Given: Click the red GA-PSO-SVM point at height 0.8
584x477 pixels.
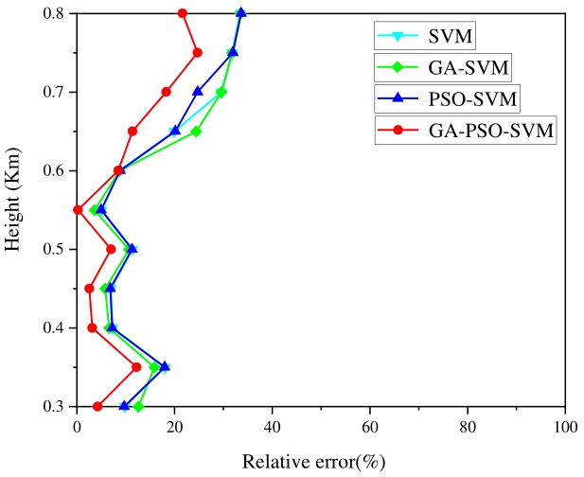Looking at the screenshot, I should coord(183,13).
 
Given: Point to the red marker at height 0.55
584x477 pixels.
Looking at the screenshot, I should coord(78,210).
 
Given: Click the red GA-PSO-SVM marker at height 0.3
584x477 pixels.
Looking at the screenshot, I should coord(97,406).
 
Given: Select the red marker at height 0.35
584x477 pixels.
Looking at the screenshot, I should coord(136,367).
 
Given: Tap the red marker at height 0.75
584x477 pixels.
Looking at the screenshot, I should coord(197,53).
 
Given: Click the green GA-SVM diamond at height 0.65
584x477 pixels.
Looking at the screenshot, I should coord(196,132).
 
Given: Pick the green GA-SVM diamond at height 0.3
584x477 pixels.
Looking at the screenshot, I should coord(138,406).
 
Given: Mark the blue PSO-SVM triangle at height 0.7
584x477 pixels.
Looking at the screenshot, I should coord(198,92).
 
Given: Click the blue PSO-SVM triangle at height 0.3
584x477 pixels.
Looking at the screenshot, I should coord(124,406).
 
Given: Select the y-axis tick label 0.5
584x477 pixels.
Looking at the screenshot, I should coord(55,249).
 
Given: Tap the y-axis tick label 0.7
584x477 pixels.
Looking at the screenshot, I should coord(55,92).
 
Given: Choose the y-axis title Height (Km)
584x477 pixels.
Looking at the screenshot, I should coord(13,209).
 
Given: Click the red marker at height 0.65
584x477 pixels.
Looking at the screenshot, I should coord(133,132).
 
